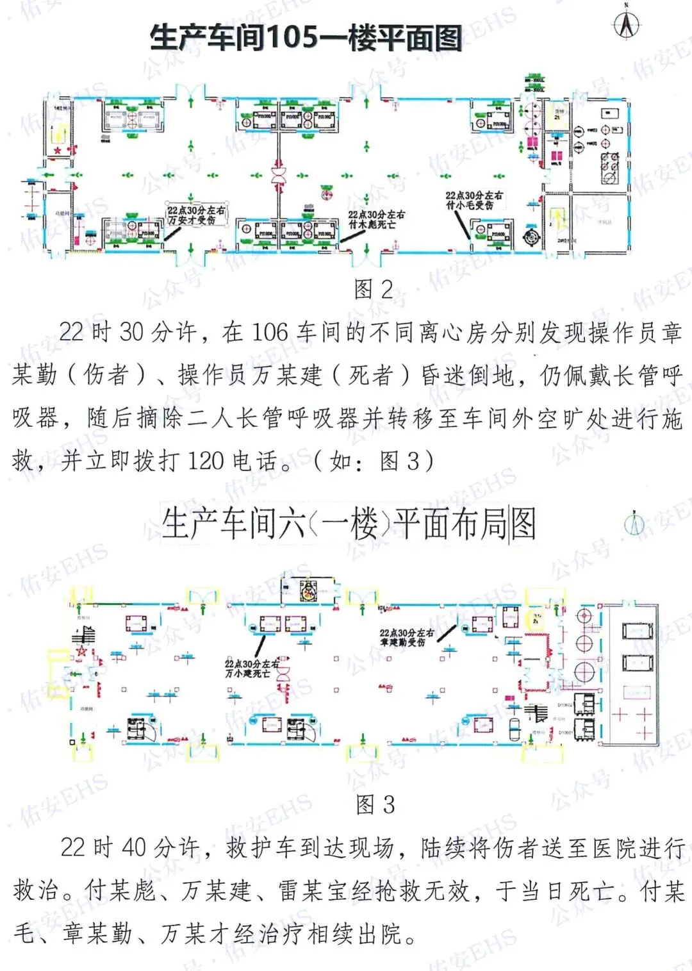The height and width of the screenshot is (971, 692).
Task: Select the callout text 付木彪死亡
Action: pyautogui.click(x=372, y=225)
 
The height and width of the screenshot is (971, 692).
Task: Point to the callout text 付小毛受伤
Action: pyautogui.click(x=470, y=205)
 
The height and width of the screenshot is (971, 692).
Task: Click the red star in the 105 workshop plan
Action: pyautogui.click(x=58, y=151)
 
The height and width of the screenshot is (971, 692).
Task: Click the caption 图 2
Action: pyautogui.click(x=374, y=290)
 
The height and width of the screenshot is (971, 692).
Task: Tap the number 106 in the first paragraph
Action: pyautogui.click(x=270, y=332)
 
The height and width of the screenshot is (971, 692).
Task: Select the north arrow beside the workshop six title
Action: pyautogui.click(x=634, y=524)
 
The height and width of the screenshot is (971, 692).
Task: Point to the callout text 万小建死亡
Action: pyautogui.click(x=247, y=674)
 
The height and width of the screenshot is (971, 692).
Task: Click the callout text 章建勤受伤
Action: pyautogui.click(x=402, y=642)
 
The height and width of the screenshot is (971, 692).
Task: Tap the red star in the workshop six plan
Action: pyautogui.click(x=81, y=652)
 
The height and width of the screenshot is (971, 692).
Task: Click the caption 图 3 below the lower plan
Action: pyautogui.click(x=375, y=804)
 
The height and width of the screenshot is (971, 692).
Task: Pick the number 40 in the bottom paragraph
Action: pyautogui.click(x=134, y=848)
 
